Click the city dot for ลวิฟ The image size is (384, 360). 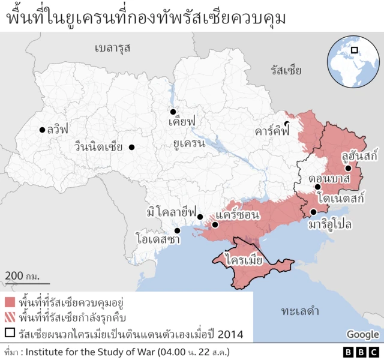tap(42, 129)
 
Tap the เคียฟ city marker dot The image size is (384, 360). tap(173, 111)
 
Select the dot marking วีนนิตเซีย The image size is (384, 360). tap(131, 147)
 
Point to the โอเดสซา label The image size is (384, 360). tap(157, 239)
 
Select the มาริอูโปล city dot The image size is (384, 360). tap(313, 212)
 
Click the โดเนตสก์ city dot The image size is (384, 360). tap(317, 187)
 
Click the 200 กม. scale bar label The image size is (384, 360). tap(22, 275)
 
